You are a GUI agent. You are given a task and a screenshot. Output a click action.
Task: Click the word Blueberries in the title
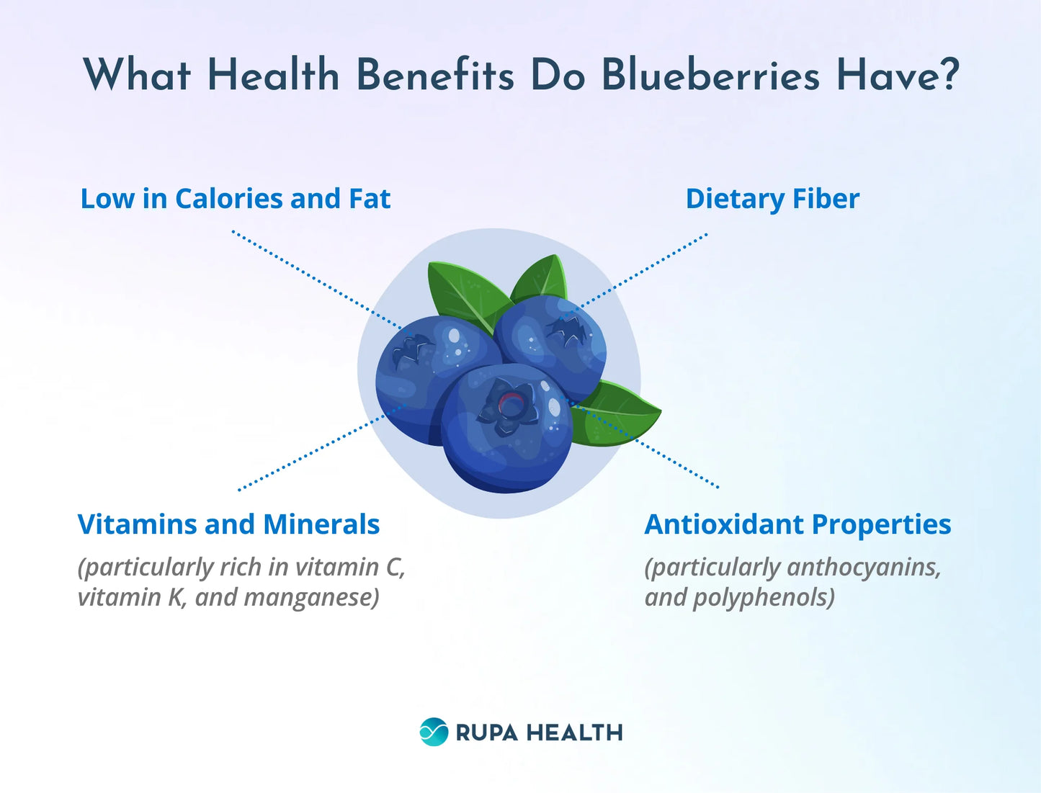pos(710,75)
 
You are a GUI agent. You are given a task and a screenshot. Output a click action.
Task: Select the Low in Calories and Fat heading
pos(235,199)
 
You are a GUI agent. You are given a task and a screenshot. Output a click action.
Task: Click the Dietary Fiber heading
pos(772,199)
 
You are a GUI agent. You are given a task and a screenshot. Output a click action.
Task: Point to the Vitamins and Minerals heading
pos(228,524)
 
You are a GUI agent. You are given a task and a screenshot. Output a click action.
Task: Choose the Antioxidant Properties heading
pos(797,524)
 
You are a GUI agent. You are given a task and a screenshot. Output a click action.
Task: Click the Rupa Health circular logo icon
pos(434,732)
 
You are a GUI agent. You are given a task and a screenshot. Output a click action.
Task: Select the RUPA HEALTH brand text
pos(539,732)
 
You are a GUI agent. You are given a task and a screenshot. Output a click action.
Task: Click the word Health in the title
pos(273,75)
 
